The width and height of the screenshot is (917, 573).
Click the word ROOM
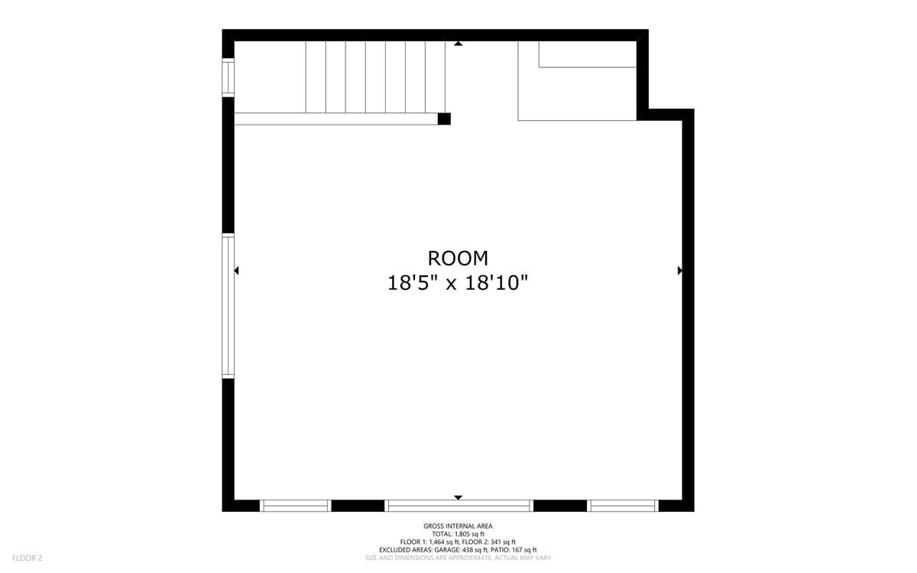pos(458,259)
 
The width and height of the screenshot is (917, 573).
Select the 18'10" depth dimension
pos(497,283)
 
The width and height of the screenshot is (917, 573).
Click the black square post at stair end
pos(444,119)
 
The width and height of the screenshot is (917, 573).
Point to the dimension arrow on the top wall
pos(458,44)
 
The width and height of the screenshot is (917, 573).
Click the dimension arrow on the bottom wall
pos(458,497)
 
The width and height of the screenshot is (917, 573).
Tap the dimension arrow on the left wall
pos(236,271)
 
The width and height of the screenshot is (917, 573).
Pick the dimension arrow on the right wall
pos(680,271)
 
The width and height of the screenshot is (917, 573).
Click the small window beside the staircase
pos(228,78)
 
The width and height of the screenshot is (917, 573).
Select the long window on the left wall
pos(228,306)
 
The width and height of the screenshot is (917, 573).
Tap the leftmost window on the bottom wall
pos(295,506)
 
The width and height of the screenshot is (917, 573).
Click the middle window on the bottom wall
pos(459,506)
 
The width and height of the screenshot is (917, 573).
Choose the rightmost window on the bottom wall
pos(623,506)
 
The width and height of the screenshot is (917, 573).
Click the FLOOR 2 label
pos(27,558)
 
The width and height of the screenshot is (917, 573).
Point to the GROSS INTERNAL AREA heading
pos(458,526)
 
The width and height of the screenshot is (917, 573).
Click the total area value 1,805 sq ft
pos(468,534)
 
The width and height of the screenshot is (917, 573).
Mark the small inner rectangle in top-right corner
pos(588,54)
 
